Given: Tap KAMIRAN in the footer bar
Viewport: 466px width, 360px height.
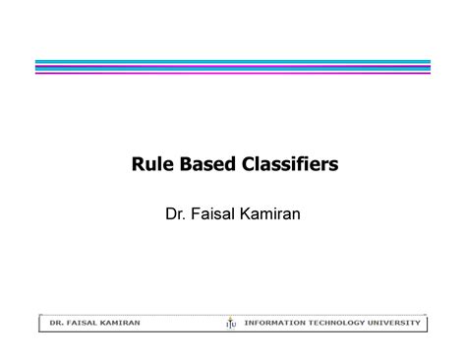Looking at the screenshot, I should pyautogui.click(x=120, y=321).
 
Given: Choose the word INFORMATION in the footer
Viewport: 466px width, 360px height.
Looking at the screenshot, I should pyautogui.click(x=281, y=321).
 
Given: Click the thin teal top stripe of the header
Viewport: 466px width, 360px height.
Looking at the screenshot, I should pyautogui.click(x=233, y=60).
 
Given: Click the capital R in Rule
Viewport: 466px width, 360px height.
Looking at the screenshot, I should pyautogui.click(x=139, y=164).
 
